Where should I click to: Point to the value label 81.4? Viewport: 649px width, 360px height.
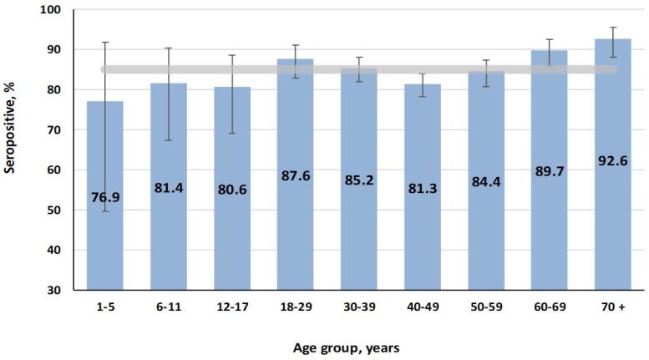click(169, 188)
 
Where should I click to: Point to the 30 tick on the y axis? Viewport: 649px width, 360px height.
click(60, 290)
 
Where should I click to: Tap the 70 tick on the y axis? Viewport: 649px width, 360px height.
click(60, 130)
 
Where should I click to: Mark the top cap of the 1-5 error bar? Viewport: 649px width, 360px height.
click(105, 43)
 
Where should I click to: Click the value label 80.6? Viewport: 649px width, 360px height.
click(232, 189)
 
